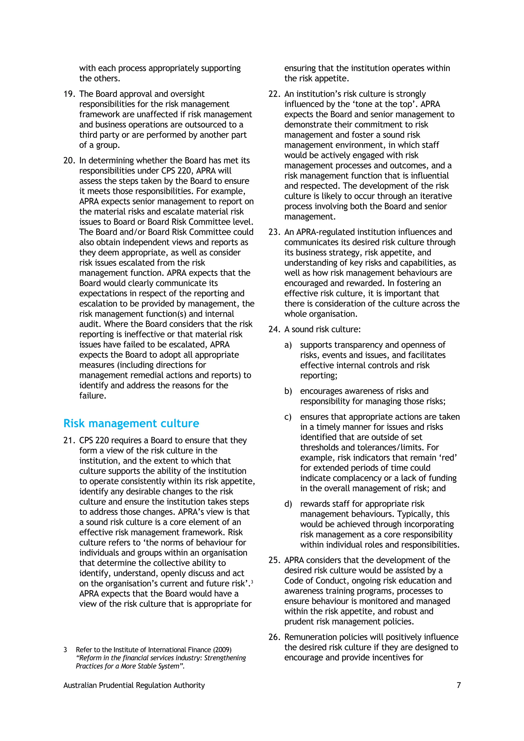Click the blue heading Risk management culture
[131, 423]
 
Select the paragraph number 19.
[69, 94]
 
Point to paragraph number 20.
[69, 160]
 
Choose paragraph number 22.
[274, 94]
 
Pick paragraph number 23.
[274, 232]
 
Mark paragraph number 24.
[274, 329]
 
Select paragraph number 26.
[274, 637]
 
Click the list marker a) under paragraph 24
[288, 345]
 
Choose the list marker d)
[288, 504]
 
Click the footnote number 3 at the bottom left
[65, 650]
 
